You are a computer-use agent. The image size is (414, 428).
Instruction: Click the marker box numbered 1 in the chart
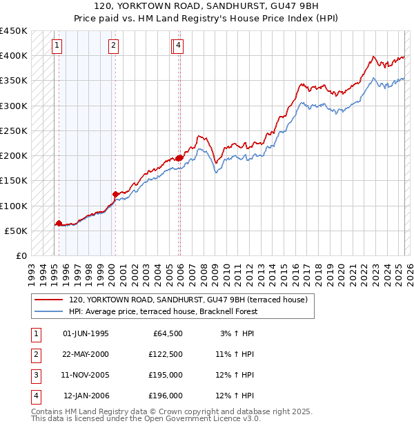coord(56,46)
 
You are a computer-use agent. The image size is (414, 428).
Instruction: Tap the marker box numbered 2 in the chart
coord(112,46)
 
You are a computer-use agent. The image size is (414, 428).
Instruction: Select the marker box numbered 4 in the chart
coord(178,46)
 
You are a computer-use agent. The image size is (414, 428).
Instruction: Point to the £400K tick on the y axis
coord(14,56)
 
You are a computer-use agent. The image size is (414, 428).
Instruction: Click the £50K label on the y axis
coord(17,231)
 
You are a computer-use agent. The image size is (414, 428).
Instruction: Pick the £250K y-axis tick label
coord(14,130)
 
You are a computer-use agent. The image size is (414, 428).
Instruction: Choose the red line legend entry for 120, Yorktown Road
coord(191,300)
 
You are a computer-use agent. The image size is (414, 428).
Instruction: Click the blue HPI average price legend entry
coord(163,311)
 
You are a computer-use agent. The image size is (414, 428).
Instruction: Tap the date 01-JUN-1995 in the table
coord(86,333)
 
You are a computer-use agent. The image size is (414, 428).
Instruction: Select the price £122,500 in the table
coord(165,354)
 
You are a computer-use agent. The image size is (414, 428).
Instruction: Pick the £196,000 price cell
coord(165,396)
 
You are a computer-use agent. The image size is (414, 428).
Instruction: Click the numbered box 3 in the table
coord(34,375)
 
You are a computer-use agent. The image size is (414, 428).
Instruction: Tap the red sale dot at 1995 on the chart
coord(59,223)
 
